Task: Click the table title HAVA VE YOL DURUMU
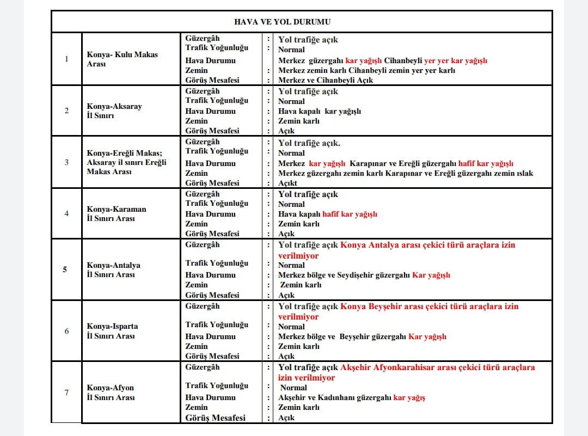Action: pyautogui.click(x=282, y=22)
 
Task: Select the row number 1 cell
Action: pyautogui.click(x=66, y=59)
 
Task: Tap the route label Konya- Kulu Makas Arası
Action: pyautogui.click(x=122, y=59)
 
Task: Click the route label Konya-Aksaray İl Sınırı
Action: pyautogui.click(x=114, y=110)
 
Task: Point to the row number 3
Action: pyautogui.click(x=66, y=162)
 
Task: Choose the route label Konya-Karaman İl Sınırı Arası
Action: pyautogui.click(x=117, y=213)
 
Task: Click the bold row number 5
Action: pyautogui.click(x=65, y=269)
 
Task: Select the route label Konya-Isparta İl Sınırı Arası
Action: pyautogui.click(x=112, y=331)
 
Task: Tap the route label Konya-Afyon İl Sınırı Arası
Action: pyautogui.click(x=110, y=392)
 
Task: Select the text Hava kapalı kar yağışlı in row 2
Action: pyautogui.click(x=320, y=111)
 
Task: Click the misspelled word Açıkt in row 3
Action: pyautogui.click(x=288, y=183)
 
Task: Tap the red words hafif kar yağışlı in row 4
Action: pyautogui.click(x=350, y=214)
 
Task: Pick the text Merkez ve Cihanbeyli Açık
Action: pyautogui.click(x=326, y=80)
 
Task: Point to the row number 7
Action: pyautogui.click(x=66, y=392)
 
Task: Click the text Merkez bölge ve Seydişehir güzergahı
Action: pyautogui.click(x=344, y=275)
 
